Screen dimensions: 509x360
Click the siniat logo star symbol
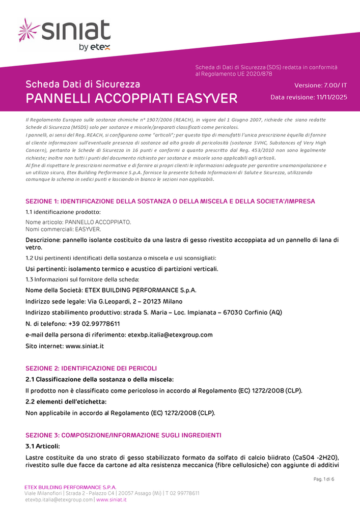point(29,30)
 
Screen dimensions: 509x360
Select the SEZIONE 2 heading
point(91,368)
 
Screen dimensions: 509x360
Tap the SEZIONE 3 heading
point(123,435)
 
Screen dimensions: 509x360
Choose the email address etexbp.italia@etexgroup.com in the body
point(170,335)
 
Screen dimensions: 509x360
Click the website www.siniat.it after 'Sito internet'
point(85,346)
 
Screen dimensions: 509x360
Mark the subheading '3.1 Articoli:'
point(43,446)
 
